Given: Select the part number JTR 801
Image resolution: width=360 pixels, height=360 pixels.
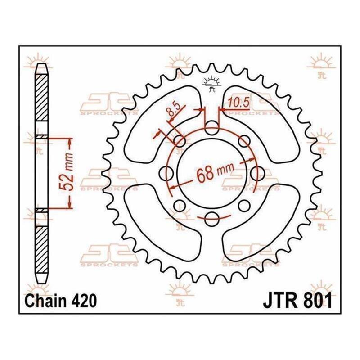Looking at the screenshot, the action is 298,300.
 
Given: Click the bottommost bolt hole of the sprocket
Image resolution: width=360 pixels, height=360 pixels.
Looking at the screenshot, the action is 211,219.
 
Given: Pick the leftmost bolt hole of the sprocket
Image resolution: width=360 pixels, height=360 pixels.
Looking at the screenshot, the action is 166,174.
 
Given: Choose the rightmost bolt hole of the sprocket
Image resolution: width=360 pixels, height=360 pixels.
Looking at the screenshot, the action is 257,174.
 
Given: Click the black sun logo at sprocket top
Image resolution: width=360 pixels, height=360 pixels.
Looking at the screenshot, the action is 211,84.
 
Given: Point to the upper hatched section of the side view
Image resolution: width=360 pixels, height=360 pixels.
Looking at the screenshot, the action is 41,98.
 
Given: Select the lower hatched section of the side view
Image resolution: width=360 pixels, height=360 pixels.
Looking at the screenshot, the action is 41,250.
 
